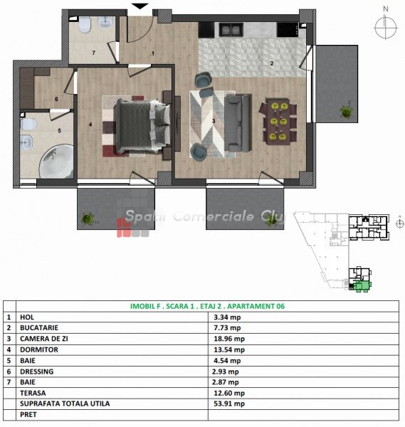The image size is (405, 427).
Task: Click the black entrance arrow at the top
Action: point(140,6)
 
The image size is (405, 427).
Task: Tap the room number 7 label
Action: point(94,53)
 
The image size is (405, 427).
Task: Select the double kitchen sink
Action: point(231,30)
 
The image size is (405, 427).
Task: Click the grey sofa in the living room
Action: point(238,122)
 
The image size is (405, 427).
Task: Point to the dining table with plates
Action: point(278,122)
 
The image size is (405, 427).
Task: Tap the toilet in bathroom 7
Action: point(85,25)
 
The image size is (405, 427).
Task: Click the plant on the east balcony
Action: point(347,111)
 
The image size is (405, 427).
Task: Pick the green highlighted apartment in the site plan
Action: point(362,286)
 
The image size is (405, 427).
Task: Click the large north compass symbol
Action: point(385,27)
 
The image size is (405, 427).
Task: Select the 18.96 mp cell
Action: point(229,339)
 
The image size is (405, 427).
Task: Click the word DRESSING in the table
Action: point(37,371)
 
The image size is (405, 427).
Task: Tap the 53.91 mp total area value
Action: point(229,404)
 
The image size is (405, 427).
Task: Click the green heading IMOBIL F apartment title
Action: point(207,306)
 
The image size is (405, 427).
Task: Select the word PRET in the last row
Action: point(28,414)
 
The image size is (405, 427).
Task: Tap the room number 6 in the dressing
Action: point(56,99)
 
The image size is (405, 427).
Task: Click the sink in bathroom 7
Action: point(105,22)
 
